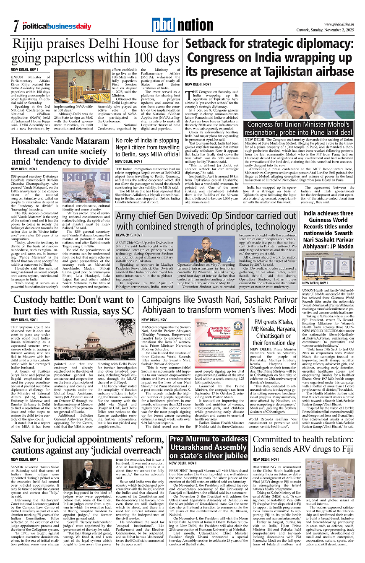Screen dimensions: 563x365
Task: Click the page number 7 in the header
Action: [16, 26]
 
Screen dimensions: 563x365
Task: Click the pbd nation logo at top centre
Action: [182, 25]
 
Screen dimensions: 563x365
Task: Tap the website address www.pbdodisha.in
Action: [339, 24]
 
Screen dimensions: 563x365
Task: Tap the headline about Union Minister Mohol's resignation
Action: [300, 129]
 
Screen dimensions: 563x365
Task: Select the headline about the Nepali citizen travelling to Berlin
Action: [148, 148]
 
